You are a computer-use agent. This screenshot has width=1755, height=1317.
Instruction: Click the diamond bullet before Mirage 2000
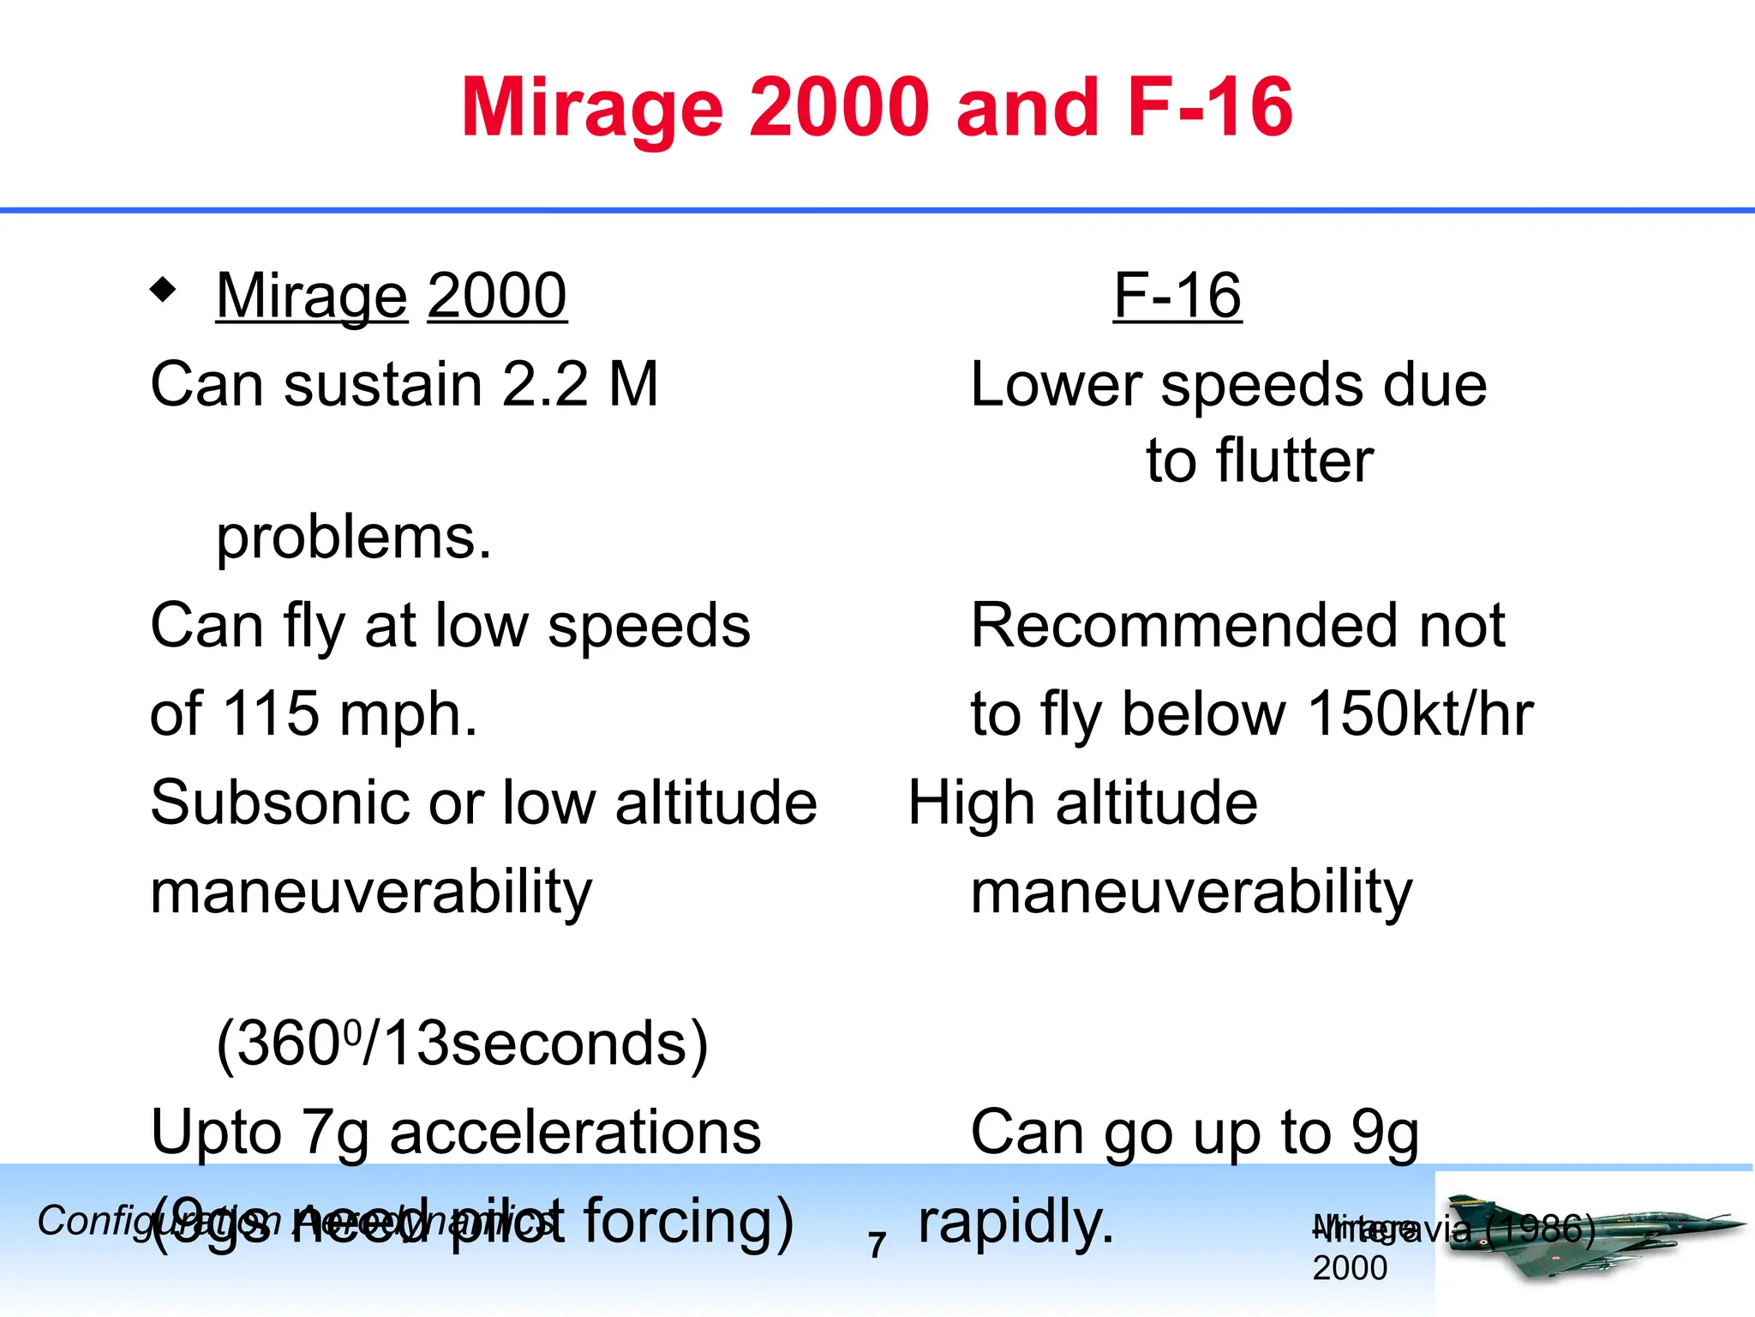pyautogui.click(x=163, y=290)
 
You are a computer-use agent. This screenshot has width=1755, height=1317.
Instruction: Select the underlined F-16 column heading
pyautogui.click(x=1177, y=296)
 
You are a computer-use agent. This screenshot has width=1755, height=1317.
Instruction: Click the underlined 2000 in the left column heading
pyautogui.click(x=497, y=296)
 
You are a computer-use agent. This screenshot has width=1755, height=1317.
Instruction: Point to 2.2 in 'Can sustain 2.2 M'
pyautogui.click(x=545, y=384)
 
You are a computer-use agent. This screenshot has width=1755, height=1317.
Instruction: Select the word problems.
pyautogui.click(x=354, y=538)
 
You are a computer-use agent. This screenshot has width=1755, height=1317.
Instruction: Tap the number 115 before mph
pyautogui.click(x=271, y=713)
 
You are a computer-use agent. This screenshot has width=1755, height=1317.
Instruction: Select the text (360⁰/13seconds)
pyautogui.click(x=462, y=1044)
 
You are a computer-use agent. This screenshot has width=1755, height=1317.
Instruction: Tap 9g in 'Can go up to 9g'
pyautogui.click(x=1385, y=1133)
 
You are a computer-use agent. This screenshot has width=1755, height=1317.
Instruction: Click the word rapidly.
pyautogui.click(x=1015, y=1222)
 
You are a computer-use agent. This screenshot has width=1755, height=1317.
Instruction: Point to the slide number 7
pyautogui.click(x=876, y=1245)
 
